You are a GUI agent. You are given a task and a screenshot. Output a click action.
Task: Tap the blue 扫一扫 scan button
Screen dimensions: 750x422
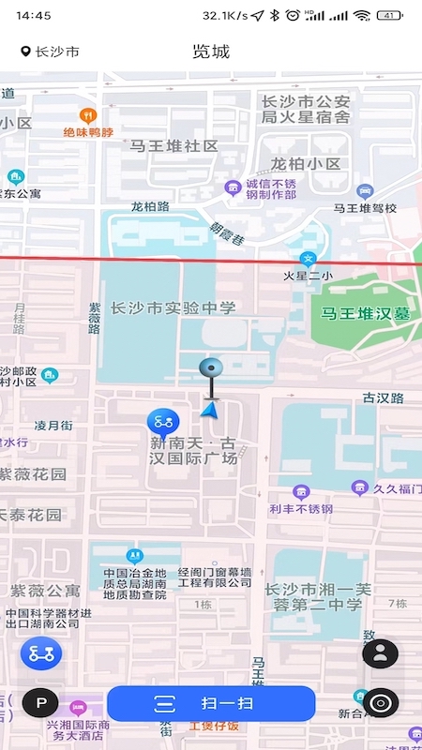(211, 703)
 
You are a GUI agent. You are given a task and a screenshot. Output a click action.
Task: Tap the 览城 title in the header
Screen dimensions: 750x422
(211, 52)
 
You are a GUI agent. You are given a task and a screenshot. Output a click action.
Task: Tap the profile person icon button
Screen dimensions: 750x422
(380, 653)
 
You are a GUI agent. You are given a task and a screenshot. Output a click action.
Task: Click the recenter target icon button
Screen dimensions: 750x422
(380, 702)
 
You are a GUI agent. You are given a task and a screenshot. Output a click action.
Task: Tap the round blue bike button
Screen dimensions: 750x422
(40, 653)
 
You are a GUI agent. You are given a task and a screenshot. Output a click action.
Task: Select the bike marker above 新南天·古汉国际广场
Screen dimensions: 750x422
(165, 421)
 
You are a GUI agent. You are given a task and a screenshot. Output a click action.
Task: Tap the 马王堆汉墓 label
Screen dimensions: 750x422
(366, 314)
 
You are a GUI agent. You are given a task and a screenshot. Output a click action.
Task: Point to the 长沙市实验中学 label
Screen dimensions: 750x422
(173, 307)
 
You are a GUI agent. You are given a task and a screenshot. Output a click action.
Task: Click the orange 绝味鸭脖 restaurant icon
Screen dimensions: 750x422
(88, 115)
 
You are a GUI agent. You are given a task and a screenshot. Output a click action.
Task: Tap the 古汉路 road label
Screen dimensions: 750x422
(383, 398)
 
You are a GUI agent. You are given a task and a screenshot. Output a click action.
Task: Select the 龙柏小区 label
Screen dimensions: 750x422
(306, 164)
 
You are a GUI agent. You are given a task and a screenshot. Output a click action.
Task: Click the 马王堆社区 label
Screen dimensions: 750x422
(173, 146)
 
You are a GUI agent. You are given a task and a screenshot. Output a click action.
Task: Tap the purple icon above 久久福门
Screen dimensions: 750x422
(359, 487)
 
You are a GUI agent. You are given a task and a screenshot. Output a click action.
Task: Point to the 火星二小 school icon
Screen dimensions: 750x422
(307, 259)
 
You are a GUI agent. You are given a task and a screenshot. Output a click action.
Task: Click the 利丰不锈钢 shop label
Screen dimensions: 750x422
(301, 509)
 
